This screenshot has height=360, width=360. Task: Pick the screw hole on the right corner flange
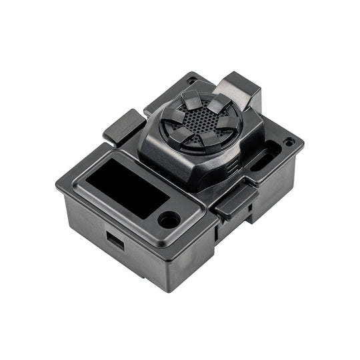click(288, 142)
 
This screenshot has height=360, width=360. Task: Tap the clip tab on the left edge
click(120, 127)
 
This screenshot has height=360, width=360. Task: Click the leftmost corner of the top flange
click(57, 187)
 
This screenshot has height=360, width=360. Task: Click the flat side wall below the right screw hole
click(280, 180)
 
